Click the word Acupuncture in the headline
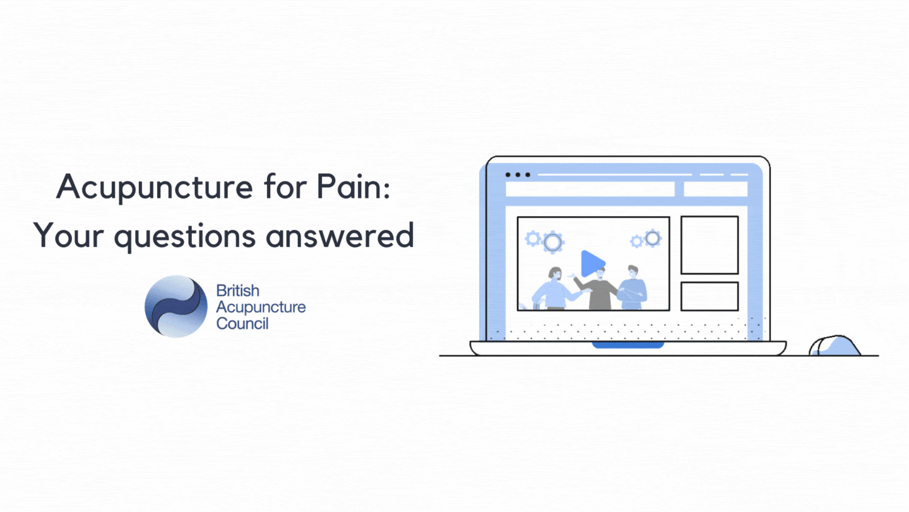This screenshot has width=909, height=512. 155,188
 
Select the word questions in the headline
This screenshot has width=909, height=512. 184,236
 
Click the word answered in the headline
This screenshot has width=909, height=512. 340,235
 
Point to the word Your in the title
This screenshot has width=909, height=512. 69,235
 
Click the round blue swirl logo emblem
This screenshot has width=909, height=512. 176,307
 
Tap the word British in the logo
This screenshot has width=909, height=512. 237,291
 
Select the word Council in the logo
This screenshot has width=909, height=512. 242,324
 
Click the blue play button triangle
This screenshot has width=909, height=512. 593,264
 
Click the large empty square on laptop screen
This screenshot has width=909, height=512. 710,245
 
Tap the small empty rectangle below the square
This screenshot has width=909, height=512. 710,296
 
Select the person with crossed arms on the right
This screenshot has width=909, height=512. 633,288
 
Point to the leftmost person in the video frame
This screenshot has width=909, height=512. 557,290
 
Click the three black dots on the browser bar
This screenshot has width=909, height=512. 518,174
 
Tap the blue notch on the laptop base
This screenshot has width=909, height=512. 627,345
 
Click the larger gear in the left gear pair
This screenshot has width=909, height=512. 552,243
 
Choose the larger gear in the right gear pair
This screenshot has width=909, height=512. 653,238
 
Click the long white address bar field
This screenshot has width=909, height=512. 590,189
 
